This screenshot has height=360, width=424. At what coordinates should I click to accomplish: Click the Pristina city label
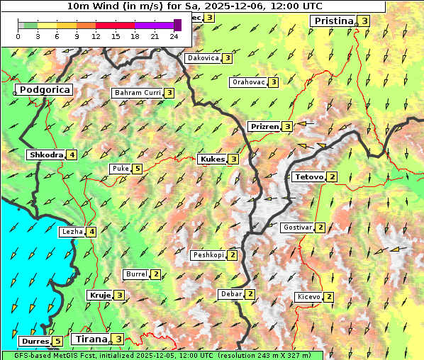(x=333, y=21)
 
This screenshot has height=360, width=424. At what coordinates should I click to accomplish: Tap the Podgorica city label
(x=44, y=90)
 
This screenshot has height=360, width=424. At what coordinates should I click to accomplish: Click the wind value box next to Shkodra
(x=72, y=155)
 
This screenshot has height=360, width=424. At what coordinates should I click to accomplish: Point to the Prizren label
(x=264, y=127)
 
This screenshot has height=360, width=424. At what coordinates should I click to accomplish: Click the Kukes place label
(x=212, y=159)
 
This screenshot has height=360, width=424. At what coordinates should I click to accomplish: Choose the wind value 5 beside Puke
(x=137, y=169)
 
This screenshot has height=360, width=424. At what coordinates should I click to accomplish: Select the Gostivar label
(x=296, y=227)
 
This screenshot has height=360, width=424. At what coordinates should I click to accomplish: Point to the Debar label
(x=230, y=294)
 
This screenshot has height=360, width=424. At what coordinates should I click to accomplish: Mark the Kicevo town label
(x=308, y=297)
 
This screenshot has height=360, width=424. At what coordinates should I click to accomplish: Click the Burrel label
(x=135, y=274)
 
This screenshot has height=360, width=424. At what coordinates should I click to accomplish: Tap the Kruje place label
(x=99, y=295)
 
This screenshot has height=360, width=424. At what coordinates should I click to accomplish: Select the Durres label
(x=33, y=342)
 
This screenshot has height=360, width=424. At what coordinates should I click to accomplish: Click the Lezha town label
(x=72, y=231)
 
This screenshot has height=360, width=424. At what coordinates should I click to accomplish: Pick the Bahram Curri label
(x=138, y=93)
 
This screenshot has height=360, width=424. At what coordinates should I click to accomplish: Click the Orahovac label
(x=248, y=82)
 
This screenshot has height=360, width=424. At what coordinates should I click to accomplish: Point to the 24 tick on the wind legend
(x=174, y=35)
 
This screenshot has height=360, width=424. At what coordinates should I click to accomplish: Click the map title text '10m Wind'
(x=92, y=6)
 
